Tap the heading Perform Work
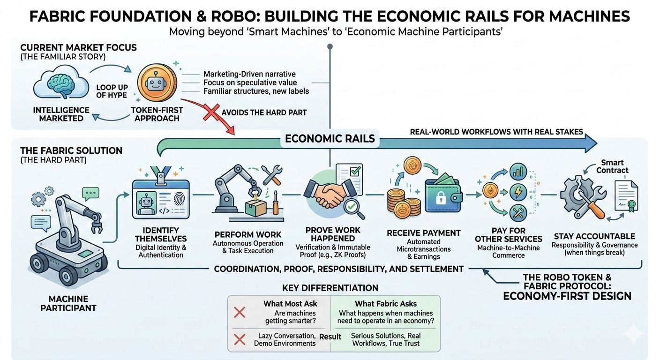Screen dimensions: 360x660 click(x=248, y=234)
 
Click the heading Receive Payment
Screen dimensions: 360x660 click(x=423, y=233)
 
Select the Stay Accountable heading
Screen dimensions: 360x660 click(x=594, y=236)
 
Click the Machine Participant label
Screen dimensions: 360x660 click(x=68, y=303)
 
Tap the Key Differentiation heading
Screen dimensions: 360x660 click(x=330, y=288)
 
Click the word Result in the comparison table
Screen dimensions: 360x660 click(x=330, y=337)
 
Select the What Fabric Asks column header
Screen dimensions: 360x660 click(x=385, y=304)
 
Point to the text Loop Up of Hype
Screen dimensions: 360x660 click(x=112, y=91)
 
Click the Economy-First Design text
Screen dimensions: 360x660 click(x=567, y=296)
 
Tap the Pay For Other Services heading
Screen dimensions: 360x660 click(x=509, y=234)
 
